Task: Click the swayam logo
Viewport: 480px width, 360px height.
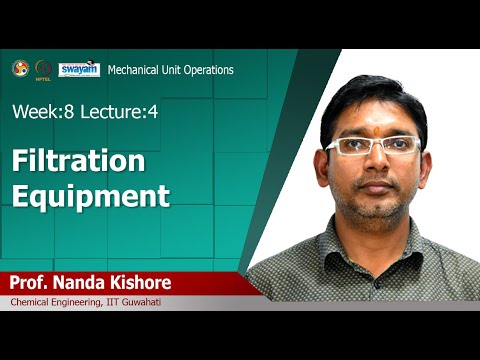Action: coord(79,69)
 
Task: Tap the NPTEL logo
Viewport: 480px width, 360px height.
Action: coord(42,69)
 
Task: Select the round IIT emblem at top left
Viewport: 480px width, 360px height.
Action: coord(20,68)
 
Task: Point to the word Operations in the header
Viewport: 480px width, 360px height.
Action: coord(208,70)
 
